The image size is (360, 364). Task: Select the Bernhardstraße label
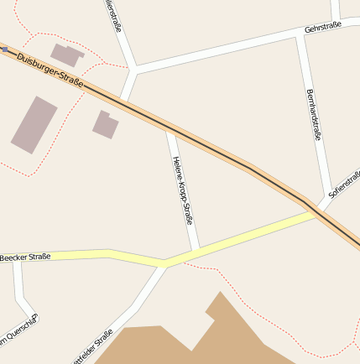click(x=315, y=114)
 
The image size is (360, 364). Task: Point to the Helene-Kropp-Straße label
click(x=182, y=190)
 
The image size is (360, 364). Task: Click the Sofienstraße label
click(x=344, y=182)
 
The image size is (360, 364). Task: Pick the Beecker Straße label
click(x=25, y=256)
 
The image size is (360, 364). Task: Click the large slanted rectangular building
click(x=34, y=124)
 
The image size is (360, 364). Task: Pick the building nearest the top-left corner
click(x=67, y=55)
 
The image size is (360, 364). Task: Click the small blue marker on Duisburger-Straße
click(x=5, y=49)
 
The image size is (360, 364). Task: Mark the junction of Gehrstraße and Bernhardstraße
click(x=300, y=36)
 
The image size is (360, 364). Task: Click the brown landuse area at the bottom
click(x=210, y=340)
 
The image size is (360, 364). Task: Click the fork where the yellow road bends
click(x=165, y=263)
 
